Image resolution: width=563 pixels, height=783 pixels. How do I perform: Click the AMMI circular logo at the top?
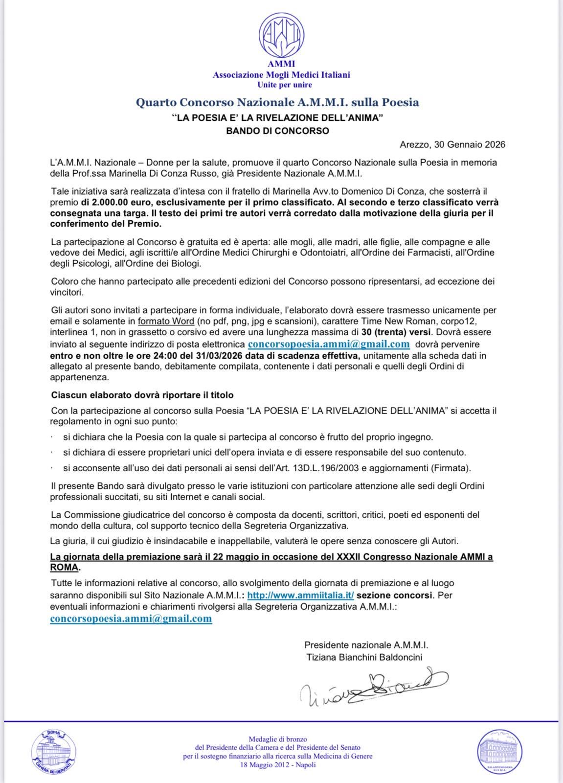point(281,35)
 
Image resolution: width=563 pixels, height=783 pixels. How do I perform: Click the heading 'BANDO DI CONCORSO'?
point(277,131)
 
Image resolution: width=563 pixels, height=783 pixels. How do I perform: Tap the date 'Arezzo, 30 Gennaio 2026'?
point(452,144)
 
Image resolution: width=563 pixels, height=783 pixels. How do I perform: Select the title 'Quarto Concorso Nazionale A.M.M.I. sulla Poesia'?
point(277,102)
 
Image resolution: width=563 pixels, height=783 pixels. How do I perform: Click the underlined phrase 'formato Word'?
point(166,321)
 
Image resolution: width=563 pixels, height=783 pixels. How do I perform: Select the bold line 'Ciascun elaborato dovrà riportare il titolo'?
point(142,395)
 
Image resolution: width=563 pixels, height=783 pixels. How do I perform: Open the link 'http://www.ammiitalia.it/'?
point(300,595)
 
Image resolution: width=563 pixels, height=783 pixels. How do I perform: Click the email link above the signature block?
point(131,619)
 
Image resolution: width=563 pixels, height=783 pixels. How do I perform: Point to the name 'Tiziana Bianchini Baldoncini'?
point(364,657)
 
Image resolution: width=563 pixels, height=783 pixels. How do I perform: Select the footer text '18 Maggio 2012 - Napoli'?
point(278,764)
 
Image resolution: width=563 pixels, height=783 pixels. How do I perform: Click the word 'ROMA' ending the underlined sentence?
point(64,568)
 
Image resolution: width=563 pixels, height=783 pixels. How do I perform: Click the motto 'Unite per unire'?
point(281,85)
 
